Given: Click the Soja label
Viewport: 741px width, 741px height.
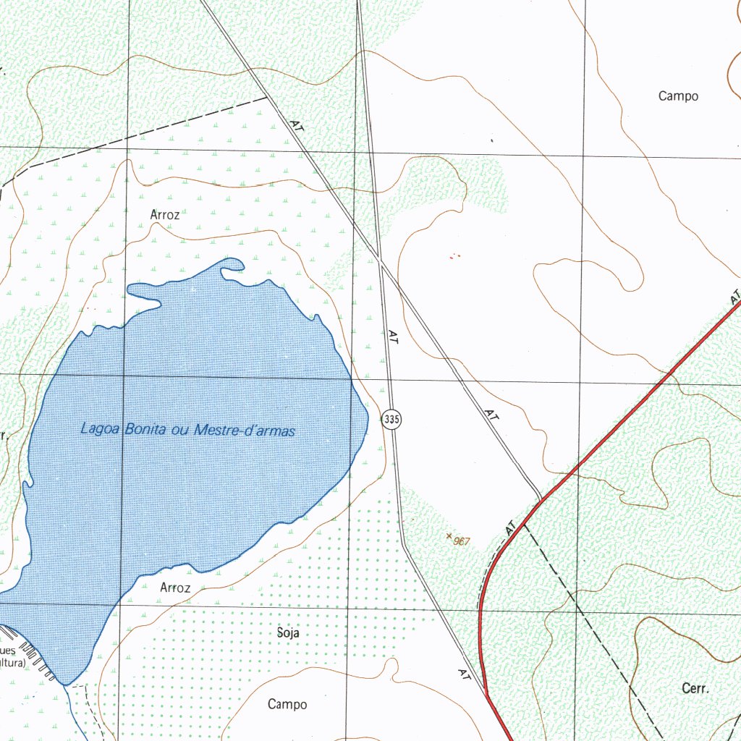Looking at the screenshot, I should [x=288, y=632].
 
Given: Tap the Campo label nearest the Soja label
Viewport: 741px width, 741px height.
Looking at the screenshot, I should [x=287, y=704].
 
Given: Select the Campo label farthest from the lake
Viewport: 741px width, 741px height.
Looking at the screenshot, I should [x=678, y=96].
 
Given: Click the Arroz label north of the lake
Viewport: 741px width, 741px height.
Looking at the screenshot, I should [x=164, y=214].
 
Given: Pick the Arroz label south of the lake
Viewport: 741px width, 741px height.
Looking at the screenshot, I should [x=175, y=588].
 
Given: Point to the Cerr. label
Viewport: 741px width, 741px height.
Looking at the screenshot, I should [x=695, y=689].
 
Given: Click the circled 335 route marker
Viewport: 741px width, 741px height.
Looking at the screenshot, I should [x=391, y=419].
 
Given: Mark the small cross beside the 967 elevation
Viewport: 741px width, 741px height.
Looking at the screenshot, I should [x=449, y=536].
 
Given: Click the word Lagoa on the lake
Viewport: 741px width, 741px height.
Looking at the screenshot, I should [x=101, y=429].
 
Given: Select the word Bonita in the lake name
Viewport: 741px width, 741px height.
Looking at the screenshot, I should [x=146, y=429].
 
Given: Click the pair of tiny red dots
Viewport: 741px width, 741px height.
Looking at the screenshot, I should [x=454, y=255].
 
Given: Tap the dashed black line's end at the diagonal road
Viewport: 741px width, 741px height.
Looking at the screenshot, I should [x=267, y=97].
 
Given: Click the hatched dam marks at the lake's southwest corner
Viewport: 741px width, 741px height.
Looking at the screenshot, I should [x=36, y=659].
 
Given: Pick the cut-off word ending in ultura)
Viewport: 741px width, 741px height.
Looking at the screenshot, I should [x=12, y=663].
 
